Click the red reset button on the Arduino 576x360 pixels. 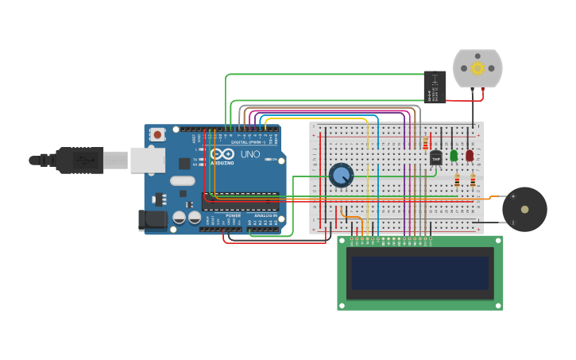(x=157, y=134)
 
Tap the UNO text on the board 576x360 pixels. (x=250, y=154)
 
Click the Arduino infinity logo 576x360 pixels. (x=222, y=153)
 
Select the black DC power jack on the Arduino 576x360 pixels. (x=153, y=220)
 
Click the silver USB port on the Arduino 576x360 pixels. (x=148, y=160)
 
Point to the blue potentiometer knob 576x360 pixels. (x=341, y=176)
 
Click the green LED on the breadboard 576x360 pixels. (x=454, y=156)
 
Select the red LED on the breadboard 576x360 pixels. (x=470, y=156)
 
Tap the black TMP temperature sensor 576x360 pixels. (x=435, y=158)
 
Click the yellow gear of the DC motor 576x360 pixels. (x=477, y=68)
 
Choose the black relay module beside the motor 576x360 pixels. (x=434, y=86)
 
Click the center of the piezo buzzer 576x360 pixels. (x=524, y=210)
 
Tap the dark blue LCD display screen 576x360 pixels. (x=420, y=273)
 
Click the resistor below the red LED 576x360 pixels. (x=473, y=180)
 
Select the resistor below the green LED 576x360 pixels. (x=457, y=180)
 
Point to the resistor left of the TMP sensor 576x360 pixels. (x=425, y=144)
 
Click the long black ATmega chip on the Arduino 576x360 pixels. (x=240, y=199)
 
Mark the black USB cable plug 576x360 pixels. (x=79, y=160)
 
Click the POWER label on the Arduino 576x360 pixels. (x=233, y=215)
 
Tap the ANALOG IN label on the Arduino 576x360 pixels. (x=265, y=215)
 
